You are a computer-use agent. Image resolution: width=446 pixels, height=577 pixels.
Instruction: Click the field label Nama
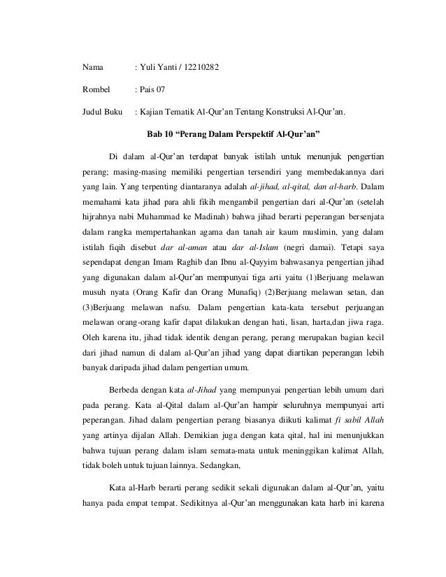91,68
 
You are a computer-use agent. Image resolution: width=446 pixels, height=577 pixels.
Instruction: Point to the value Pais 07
153,89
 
